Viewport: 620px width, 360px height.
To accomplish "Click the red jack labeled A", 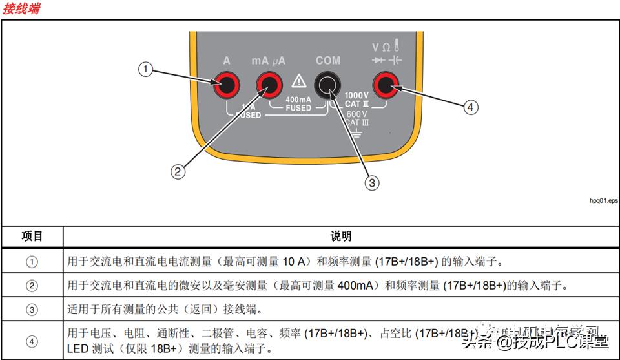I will point(227,83).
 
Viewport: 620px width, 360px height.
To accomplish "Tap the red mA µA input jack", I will point(268,83).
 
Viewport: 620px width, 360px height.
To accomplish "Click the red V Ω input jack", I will point(387,83).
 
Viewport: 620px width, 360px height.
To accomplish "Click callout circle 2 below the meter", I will point(178,171).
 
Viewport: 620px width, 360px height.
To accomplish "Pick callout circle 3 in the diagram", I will point(371,182).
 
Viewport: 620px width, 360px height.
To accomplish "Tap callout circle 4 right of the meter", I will point(471,107).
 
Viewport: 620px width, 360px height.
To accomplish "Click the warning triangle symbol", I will point(298,81).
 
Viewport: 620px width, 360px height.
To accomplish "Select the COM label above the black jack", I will point(327,60).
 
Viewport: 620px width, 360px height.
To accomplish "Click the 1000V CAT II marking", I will point(356,98).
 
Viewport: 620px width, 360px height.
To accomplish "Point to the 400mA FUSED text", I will point(298,103).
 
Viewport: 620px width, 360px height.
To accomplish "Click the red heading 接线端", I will point(21,8).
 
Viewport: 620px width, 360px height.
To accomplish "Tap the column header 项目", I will point(32,236).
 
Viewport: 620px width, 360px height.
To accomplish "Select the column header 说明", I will point(341,236).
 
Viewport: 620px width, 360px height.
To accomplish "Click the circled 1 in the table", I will point(32,262).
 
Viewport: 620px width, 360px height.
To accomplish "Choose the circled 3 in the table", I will point(32,309).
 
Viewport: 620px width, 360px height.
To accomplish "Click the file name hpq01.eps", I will point(603,200).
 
